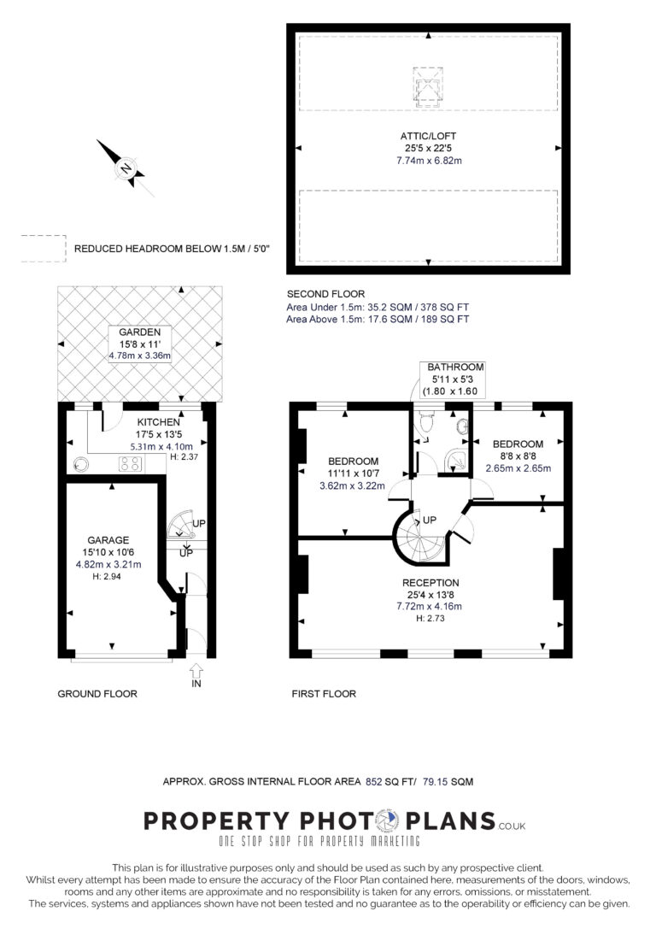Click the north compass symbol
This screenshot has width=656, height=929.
126,168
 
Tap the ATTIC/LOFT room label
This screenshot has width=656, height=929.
428,136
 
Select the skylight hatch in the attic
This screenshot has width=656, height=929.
428,86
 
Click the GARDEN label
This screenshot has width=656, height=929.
140,332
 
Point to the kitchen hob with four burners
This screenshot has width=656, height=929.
130,464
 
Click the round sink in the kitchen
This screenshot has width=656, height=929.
80,465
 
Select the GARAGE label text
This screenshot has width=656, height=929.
108,540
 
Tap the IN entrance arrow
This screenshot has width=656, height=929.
196,672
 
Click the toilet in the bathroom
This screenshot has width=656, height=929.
425,422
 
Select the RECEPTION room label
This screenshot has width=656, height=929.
430,583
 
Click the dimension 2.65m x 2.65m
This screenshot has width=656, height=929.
518,468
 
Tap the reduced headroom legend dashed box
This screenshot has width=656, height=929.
44,249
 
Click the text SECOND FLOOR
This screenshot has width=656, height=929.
325,294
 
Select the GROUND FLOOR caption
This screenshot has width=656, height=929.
97,694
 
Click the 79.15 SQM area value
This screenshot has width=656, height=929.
448,782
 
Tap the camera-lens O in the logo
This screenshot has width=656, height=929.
389,820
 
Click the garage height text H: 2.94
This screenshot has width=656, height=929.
107,577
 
